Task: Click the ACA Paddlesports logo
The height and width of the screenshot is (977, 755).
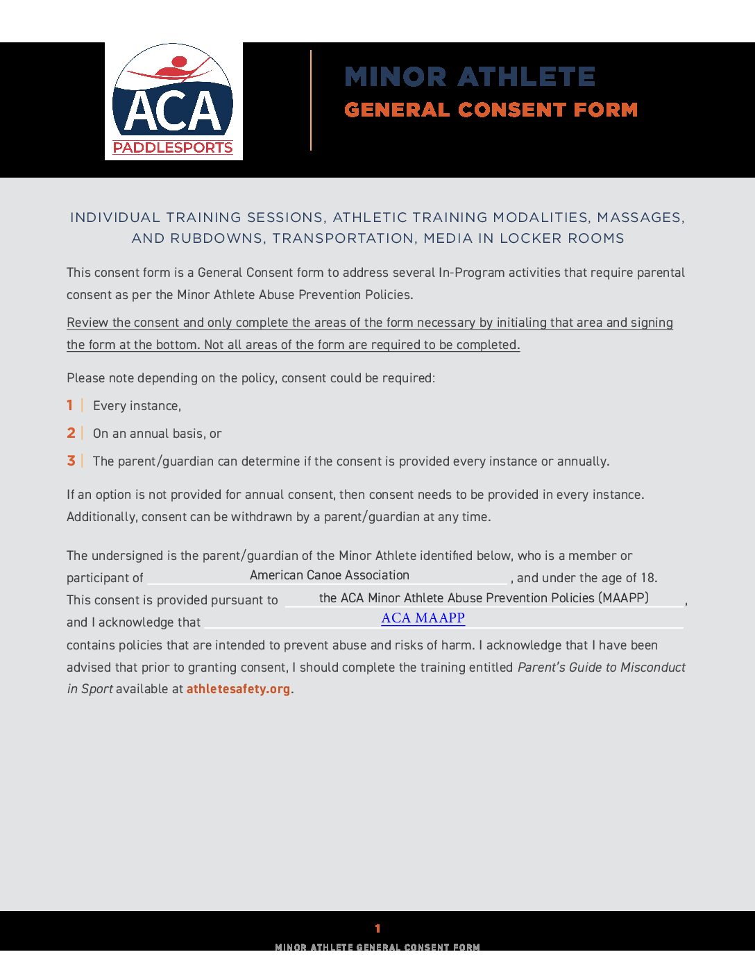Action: [x=173, y=101]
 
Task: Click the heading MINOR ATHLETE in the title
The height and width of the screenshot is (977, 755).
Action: [x=470, y=77]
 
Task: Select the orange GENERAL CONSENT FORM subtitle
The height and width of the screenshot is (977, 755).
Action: [x=491, y=110]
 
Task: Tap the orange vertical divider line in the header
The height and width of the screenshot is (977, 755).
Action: [x=311, y=100]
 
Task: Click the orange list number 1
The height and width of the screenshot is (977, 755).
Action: [x=70, y=405]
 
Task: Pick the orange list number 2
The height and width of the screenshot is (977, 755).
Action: [x=71, y=433]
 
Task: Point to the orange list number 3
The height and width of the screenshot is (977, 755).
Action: [x=71, y=461]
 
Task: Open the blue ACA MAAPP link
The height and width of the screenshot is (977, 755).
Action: [x=423, y=618]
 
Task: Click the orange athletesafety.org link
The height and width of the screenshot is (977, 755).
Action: [x=238, y=689]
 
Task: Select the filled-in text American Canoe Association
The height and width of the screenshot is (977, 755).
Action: [x=329, y=575]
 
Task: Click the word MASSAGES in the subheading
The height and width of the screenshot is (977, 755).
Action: [x=641, y=218]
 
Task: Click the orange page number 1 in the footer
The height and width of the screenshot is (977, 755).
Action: [x=377, y=928]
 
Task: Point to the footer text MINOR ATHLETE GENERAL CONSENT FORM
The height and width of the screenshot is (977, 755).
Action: [x=377, y=947]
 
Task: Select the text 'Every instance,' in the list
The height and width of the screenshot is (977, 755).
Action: [x=137, y=406]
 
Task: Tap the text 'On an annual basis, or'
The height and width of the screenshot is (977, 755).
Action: [x=157, y=434]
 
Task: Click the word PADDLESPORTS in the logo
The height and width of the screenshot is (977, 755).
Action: [x=173, y=147]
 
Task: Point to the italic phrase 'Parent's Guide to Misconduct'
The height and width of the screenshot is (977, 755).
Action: [x=601, y=668]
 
